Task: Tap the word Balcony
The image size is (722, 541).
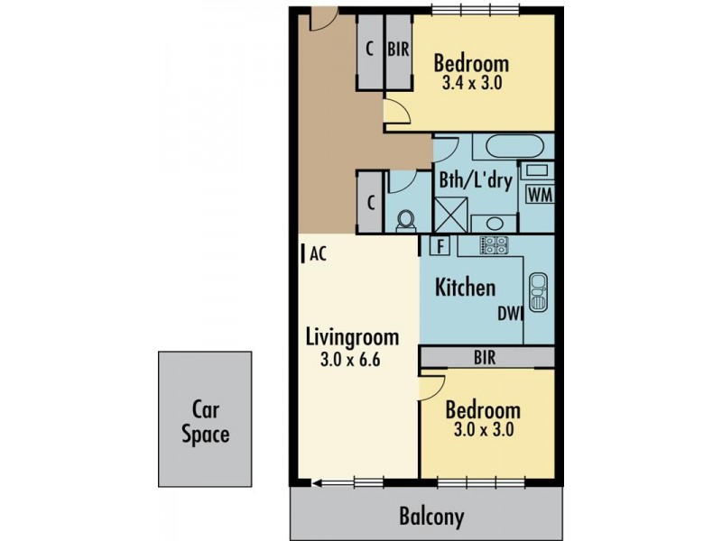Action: click(x=431, y=517)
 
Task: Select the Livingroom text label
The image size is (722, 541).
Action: click(x=351, y=338)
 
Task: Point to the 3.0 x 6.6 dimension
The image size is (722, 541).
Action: click(x=351, y=359)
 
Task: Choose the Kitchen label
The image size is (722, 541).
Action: click(x=465, y=288)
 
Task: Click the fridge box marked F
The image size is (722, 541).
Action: click(x=440, y=245)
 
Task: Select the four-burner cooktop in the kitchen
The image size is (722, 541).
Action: click(x=493, y=244)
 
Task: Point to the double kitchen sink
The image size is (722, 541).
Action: click(x=538, y=290)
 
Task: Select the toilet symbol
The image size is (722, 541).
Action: click(x=405, y=219)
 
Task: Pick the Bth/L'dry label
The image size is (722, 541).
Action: click(x=475, y=180)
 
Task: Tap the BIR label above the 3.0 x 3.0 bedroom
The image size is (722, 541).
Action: click(x=484, y=357)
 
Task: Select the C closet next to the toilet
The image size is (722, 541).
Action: click(x=371, y=201)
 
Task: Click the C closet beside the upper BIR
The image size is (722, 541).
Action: click(x=370, y=50)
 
